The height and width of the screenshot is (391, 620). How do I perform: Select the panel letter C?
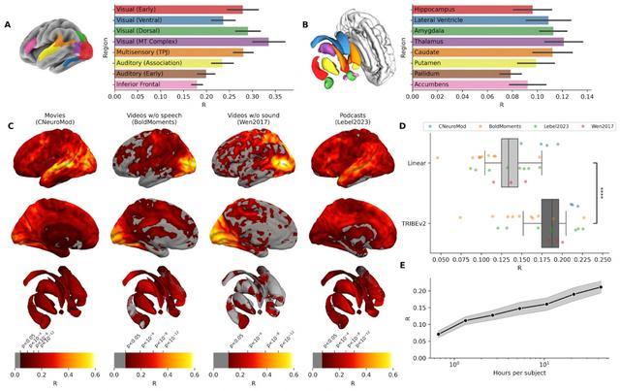pyautogui.click(x=10, y=126)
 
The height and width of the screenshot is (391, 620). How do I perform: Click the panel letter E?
pyautogui.click(x=403, y=265)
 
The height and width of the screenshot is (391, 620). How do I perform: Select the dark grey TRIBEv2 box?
pyautogui.click(x=550, y=222)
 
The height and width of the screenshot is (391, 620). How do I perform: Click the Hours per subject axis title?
pyautogui.click(x=517, y=374)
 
